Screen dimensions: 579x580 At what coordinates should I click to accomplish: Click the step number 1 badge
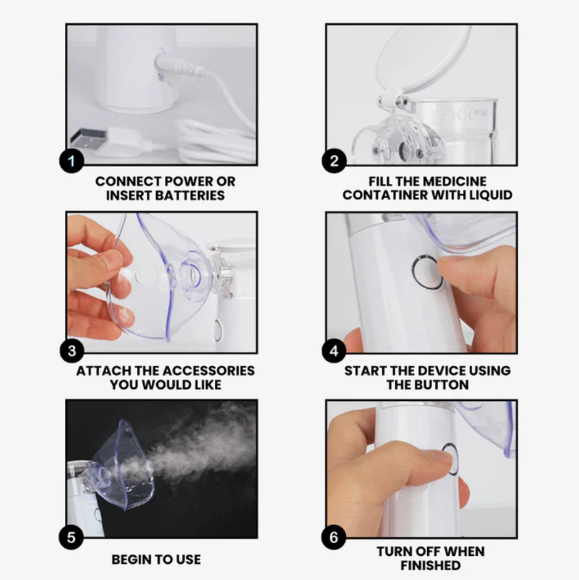(x=72, y=161)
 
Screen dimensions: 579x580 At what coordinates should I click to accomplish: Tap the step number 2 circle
(x=334, y=160)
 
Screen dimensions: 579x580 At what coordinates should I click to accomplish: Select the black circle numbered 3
(x=72, y=350)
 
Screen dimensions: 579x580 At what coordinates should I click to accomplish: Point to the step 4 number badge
(x=334, y=350)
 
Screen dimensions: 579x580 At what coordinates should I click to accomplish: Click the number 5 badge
(x=71, y=537)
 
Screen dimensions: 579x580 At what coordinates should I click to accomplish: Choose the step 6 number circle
(x=334, y=537)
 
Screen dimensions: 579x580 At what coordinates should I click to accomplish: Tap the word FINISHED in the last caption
(x=430, y=566)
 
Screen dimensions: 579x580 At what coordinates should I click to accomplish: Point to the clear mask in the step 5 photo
(x=120, y=465)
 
